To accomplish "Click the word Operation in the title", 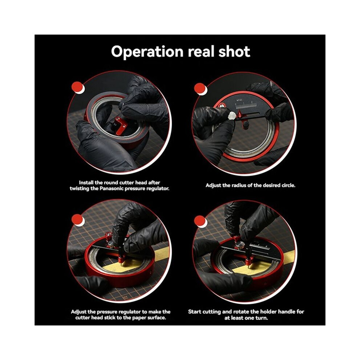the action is click(x=147, y=51).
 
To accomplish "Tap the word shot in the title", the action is click(x=234, y=51).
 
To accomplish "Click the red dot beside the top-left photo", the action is click(x=77, y=88).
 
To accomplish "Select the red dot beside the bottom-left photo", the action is click(x=77, y=220).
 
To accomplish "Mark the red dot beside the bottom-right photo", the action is click(x=200, y=221).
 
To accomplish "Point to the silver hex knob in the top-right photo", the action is click(x=232, y=115).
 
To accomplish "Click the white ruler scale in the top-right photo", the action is click(x=246, y=106).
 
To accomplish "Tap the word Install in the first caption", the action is click(x=86, y=183).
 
